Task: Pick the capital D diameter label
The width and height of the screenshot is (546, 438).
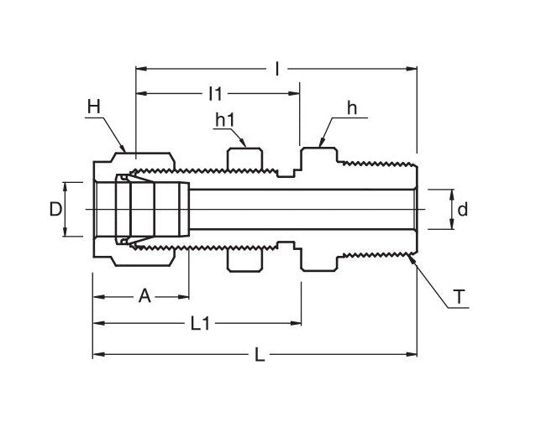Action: [55, 209]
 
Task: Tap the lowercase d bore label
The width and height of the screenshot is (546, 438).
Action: [461, 208]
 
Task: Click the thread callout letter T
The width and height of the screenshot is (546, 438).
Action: [459, 298]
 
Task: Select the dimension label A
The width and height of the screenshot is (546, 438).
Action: [144, 295]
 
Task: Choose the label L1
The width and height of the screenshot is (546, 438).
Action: [200, 324]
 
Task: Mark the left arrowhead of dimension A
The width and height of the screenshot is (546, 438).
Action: [96, 295]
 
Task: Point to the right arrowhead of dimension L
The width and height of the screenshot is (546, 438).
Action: [414, 356]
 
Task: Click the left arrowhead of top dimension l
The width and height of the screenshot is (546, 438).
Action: [139, 69]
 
